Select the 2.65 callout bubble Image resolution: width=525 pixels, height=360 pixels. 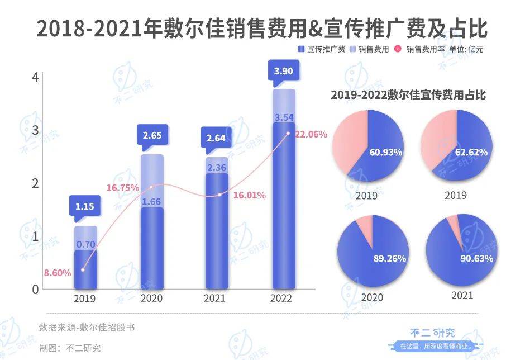[152, 135]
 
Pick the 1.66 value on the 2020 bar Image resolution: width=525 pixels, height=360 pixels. [152, 201]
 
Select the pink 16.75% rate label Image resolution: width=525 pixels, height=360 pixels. [122, 188]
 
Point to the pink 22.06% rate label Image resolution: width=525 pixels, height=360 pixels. [311, 134]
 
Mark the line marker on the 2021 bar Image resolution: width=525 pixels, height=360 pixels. [219, 195]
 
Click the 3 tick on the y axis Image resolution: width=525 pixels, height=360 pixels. [35, 130]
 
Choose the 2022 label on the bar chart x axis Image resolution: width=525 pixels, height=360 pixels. [281, 299]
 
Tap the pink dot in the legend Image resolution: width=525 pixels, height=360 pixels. [398, 49]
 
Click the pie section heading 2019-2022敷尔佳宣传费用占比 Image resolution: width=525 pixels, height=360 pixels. [408, 95]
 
